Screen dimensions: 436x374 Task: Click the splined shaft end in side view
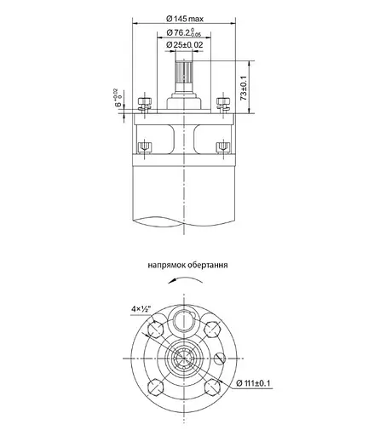click(185, 75)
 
